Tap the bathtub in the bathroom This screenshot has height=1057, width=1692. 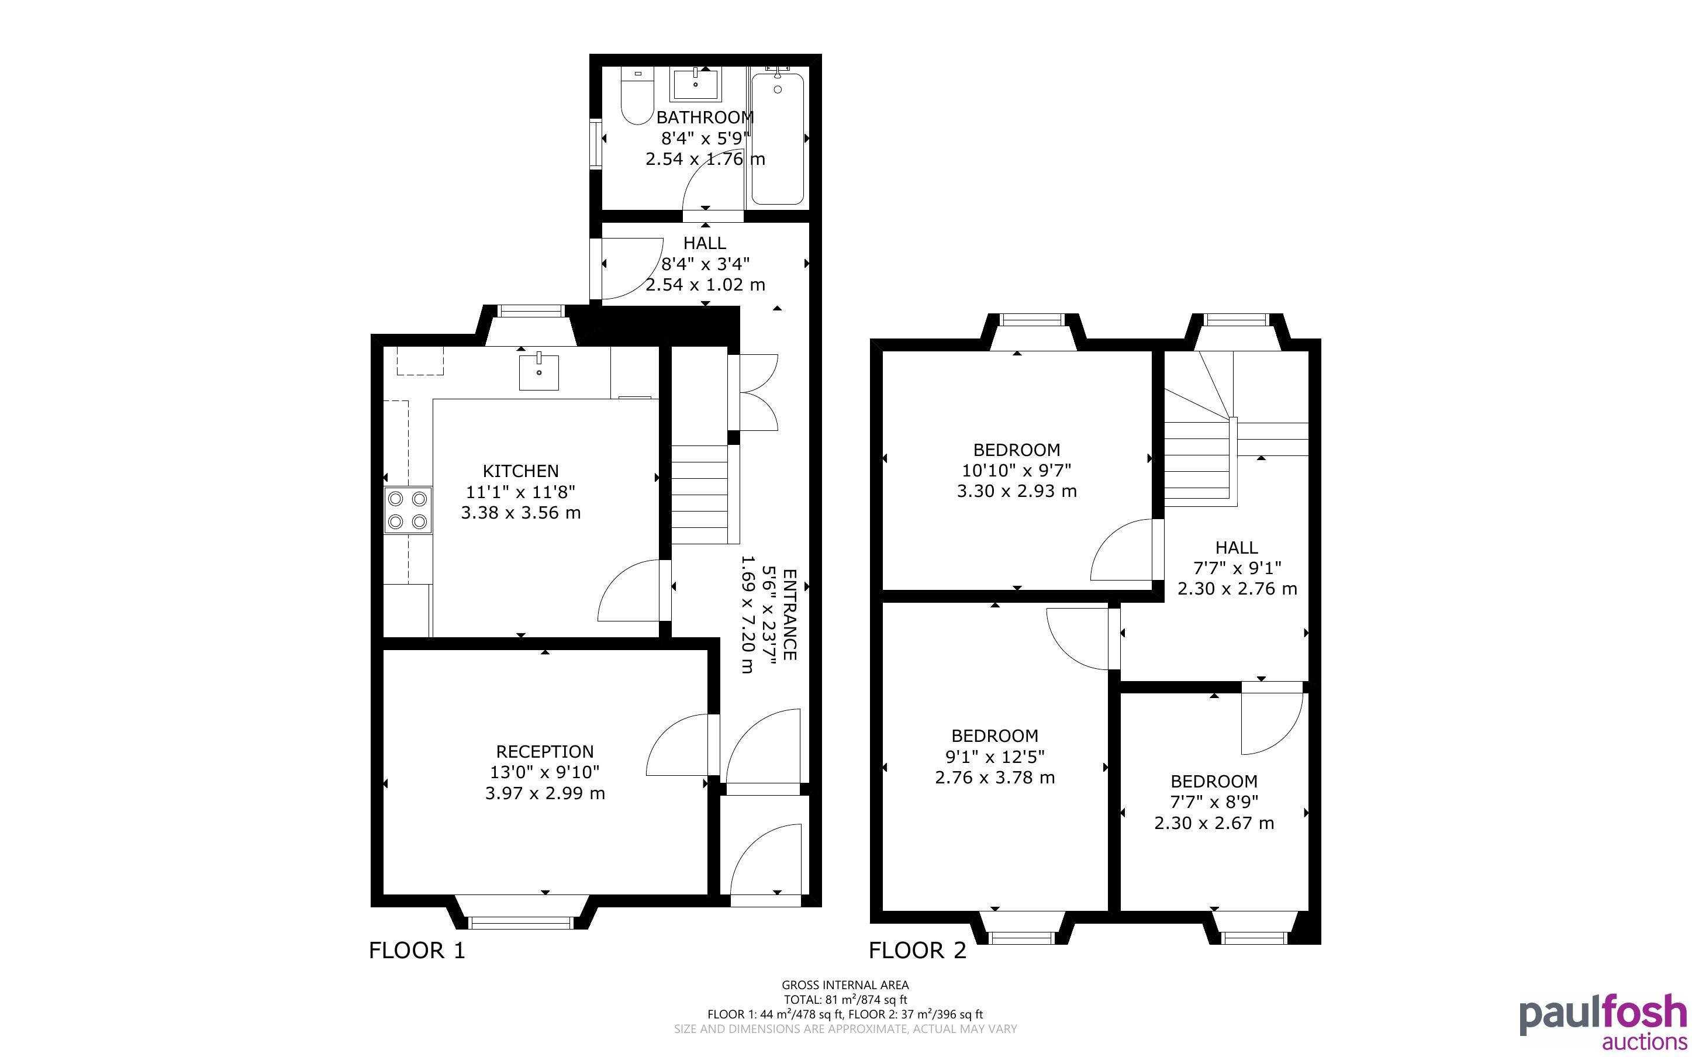[x=777, y=139]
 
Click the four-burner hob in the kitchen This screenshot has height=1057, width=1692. [x=408, y=510]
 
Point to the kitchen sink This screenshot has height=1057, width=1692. [x=539, y=372]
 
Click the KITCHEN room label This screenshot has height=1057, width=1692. [x=521, y=471]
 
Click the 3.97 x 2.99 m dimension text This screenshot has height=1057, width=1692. [x=545, y=793]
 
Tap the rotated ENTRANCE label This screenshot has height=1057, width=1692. [x=790, y=614]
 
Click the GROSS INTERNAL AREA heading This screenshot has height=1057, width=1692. [x=845, y=985]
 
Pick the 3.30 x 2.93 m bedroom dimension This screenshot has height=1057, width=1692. [x=1017, y=490]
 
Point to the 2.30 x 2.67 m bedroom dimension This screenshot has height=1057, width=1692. [x=1214, y=823]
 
